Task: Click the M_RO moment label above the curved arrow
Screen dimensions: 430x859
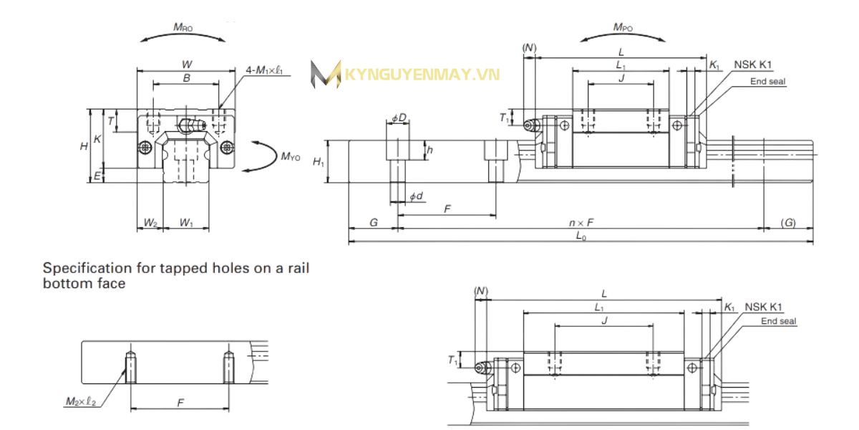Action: coord(183,27)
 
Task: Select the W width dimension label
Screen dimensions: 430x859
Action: coord(186,64)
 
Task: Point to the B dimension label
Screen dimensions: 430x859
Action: coord(186,78)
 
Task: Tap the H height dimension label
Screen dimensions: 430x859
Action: coord(84,145)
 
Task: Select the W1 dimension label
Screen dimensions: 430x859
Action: coord(186,223)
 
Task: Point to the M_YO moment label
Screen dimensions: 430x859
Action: coord(290,156)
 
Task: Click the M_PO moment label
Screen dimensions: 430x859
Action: coord(622,27)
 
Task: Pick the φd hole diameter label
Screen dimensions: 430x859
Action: coord(415,196)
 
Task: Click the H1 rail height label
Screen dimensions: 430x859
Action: coord(319,163)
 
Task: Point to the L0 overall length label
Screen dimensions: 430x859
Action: coord(581,238)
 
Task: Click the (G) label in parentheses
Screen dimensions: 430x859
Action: coord(787,223)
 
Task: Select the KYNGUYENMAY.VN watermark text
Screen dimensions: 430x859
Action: coord(422,75)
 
